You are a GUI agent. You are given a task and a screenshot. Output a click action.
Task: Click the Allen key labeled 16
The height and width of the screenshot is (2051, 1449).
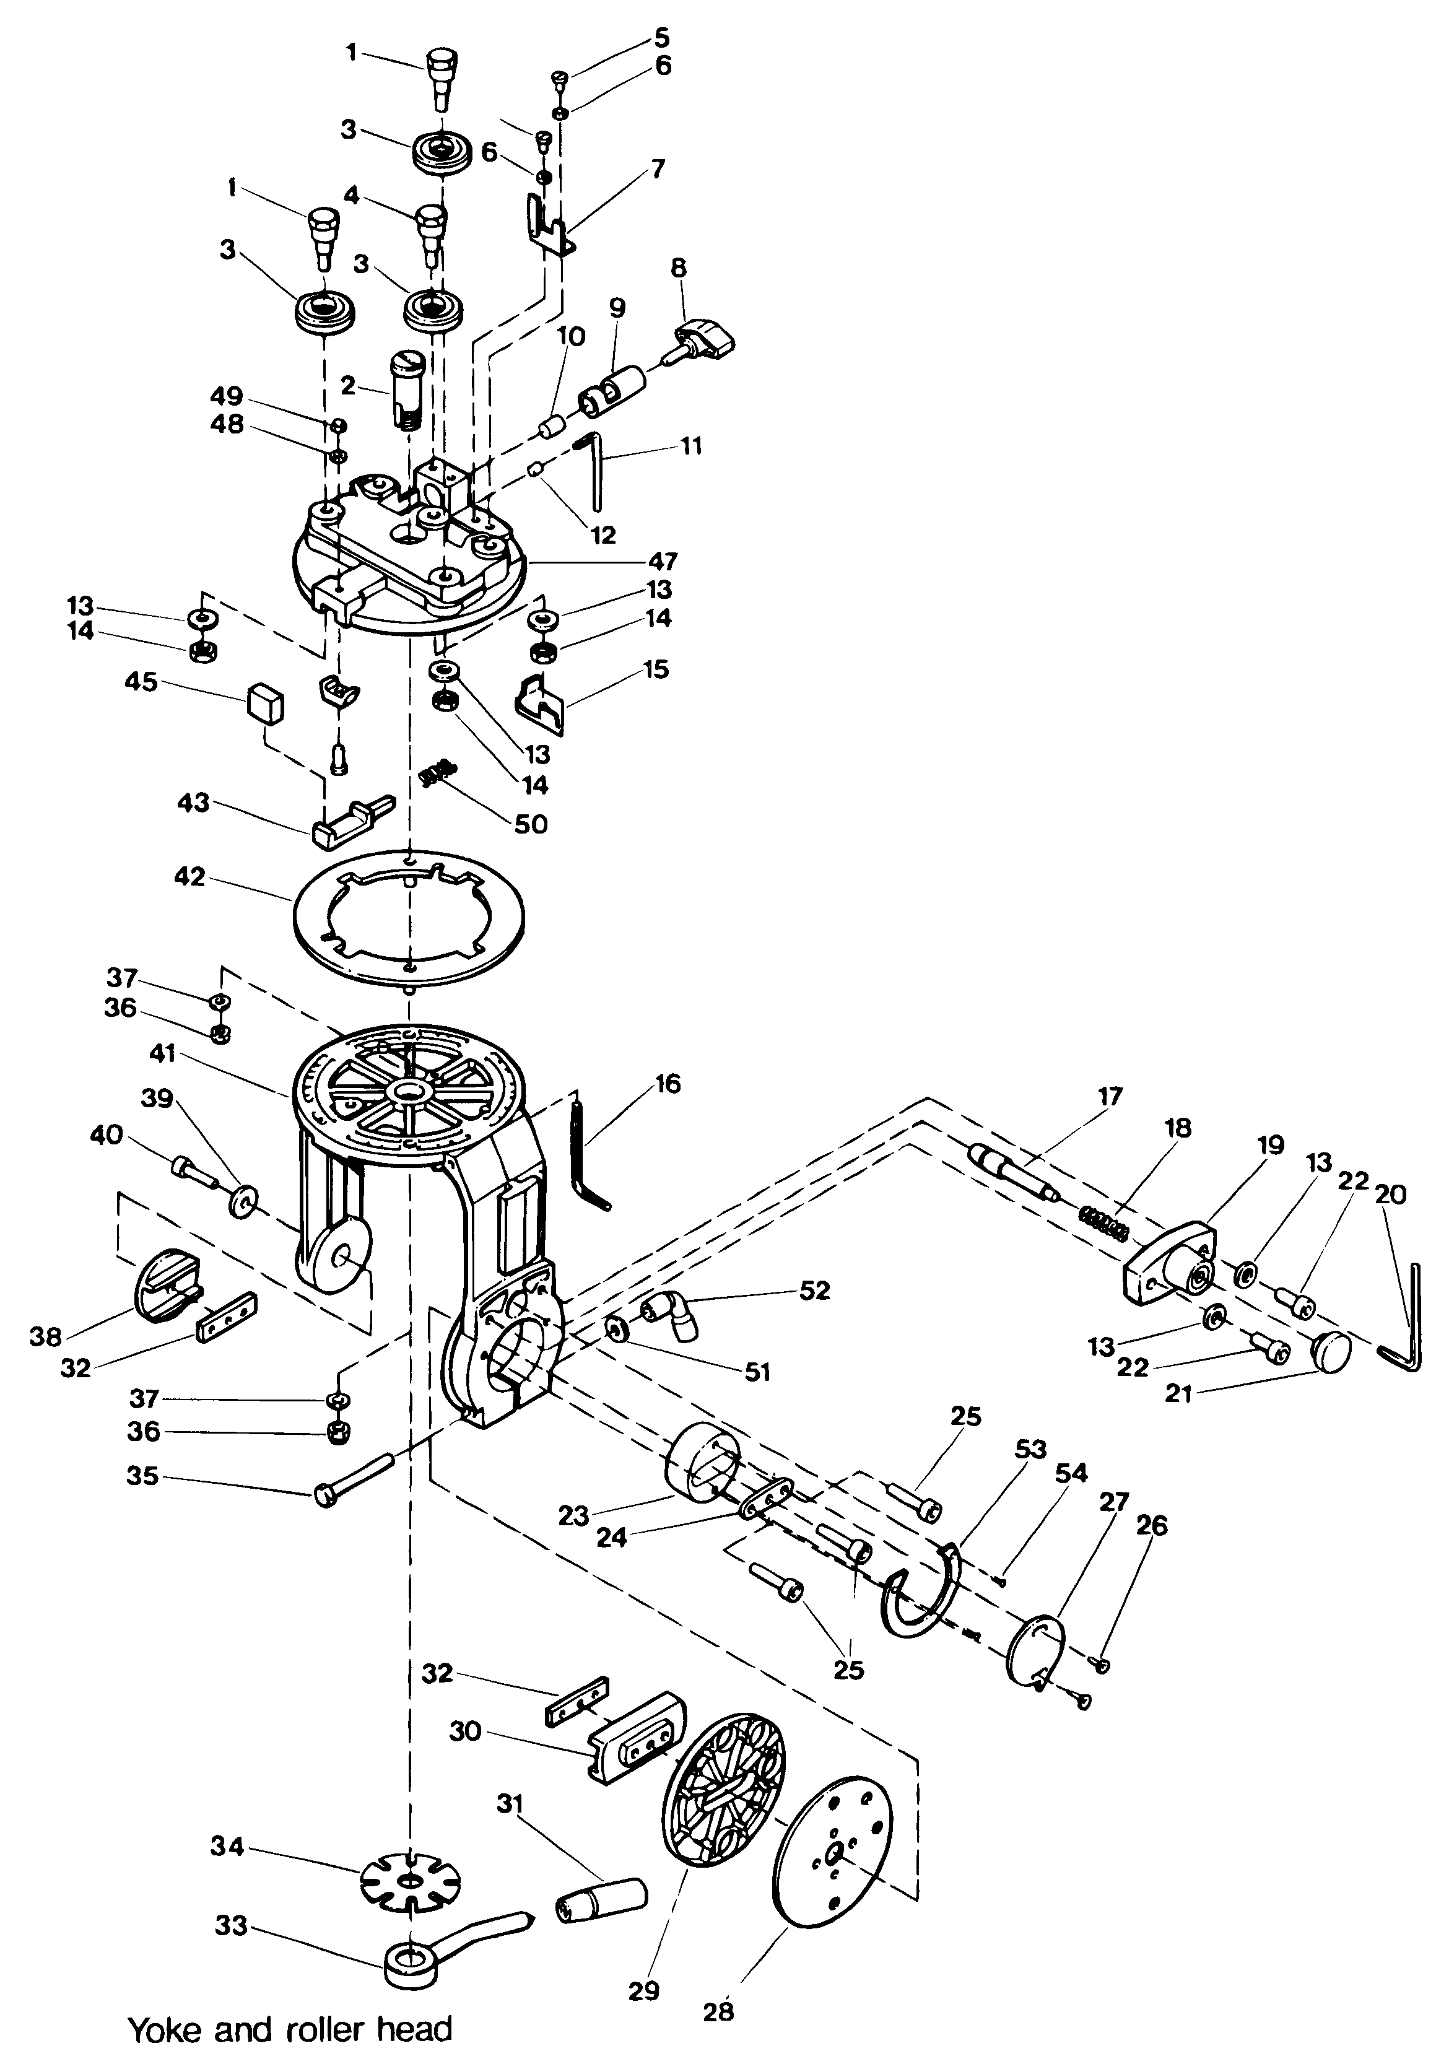point(588,1154)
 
